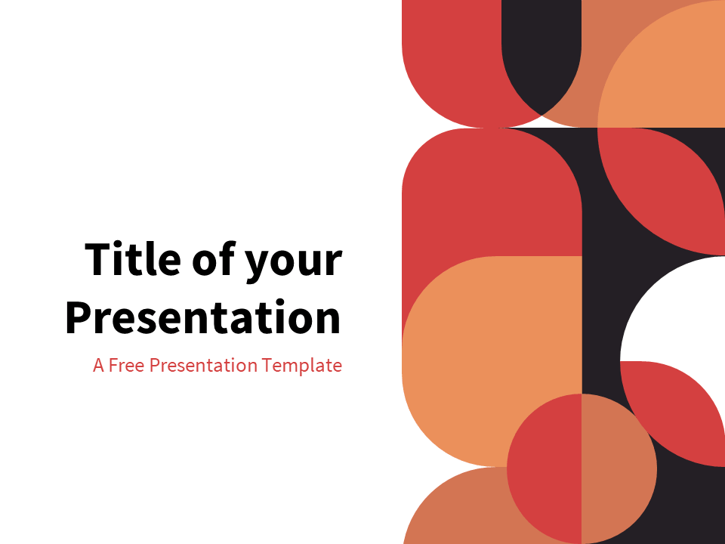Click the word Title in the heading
[x=131, y=259]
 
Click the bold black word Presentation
[x=202, y=318]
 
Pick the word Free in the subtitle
[x=127, y=366]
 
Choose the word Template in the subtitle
[x=302, y=366]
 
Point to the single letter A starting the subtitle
[x=98, y=366]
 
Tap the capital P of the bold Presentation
[x=78, y=318]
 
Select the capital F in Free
[x=113, y=366]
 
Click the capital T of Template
[x=267, y=366]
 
